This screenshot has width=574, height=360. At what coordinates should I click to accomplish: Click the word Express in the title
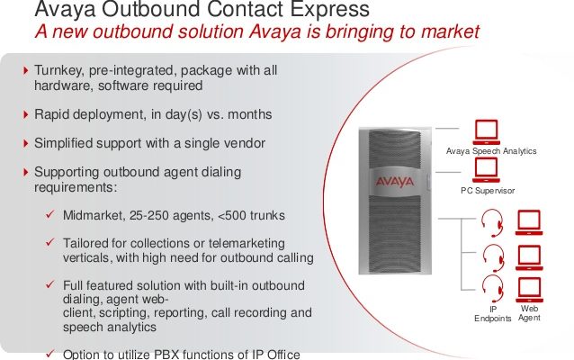(329, 9)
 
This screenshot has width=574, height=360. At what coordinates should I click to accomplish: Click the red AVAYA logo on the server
(395, 181)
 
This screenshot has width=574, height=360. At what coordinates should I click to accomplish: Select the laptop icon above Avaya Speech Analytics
(486, 132)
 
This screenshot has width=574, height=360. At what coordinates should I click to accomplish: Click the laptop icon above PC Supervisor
(486, 169)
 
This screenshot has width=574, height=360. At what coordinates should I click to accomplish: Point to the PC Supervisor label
(488, 191)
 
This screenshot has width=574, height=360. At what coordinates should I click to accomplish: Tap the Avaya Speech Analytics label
(491, 151)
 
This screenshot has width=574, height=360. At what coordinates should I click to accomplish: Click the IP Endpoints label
(493, 314)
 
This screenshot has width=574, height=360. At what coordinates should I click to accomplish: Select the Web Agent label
(529, 313)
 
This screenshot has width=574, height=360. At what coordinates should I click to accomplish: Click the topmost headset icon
(491, 222)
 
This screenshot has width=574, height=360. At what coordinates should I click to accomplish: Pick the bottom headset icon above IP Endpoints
(492, 289)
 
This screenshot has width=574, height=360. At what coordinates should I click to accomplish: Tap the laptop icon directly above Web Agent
(529, 290)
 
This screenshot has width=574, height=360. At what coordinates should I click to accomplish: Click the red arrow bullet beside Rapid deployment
(25, 114)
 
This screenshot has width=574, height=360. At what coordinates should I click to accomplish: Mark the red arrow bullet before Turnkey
(25, 70)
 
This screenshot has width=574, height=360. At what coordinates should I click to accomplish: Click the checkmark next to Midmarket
(50, 214)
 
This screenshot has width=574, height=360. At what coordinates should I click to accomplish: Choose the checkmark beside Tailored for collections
(50, 242)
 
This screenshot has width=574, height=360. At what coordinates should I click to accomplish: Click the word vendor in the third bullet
(245, 143)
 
